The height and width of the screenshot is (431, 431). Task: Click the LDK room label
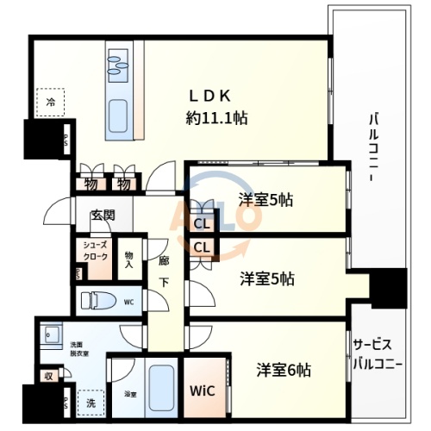(x=216, y=95)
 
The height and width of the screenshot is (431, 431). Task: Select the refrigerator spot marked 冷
(x=52, y=103)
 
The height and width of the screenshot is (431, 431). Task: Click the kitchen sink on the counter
(x=117, y=61)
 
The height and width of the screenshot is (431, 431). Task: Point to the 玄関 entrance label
(x=103, y=215)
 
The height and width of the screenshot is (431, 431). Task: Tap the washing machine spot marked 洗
(x=90, y=402)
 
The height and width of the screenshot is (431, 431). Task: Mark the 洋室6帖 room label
(x=284, y=370)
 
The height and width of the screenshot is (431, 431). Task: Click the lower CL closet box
(x=203, y=248)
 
